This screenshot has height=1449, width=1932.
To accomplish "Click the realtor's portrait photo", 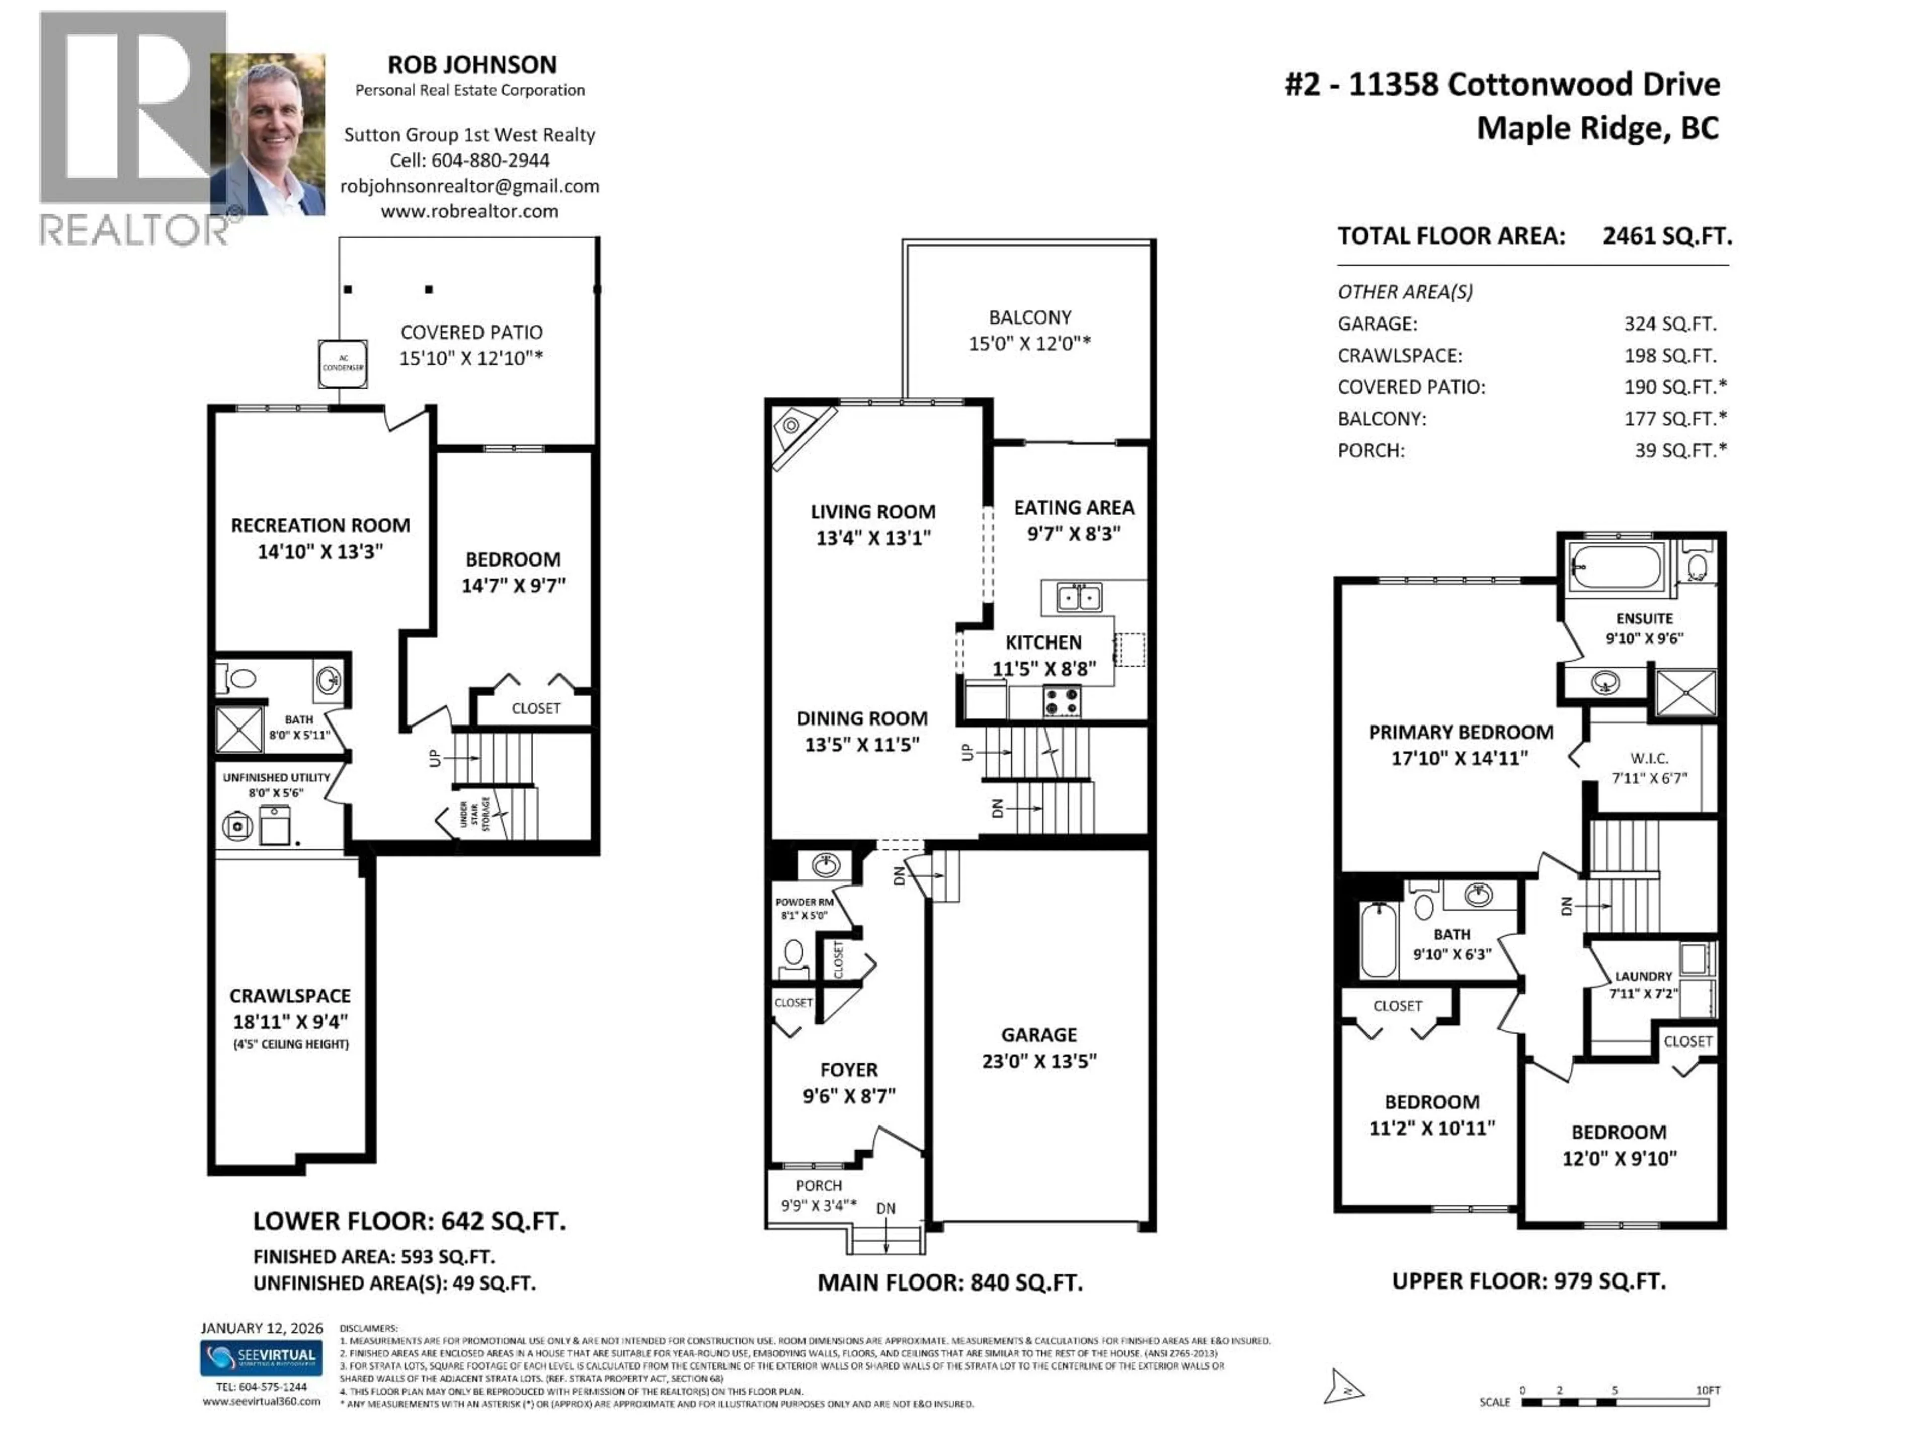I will click(x=268, y=134).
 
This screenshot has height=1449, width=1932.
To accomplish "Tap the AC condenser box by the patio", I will click(x=343, y=363).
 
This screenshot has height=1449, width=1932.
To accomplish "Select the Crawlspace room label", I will click(x=290, y=996).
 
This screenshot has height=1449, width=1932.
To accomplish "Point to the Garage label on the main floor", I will click(x=1038, y=1035).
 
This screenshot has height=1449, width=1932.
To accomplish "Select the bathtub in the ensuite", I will click(x=1617, y=566).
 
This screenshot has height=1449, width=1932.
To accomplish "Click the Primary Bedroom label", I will click(x=1461, y=732).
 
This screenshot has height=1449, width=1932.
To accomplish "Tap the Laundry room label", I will click(x=1643, y=976).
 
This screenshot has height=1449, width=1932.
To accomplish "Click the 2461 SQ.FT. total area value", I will click(x=1666, y=236).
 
